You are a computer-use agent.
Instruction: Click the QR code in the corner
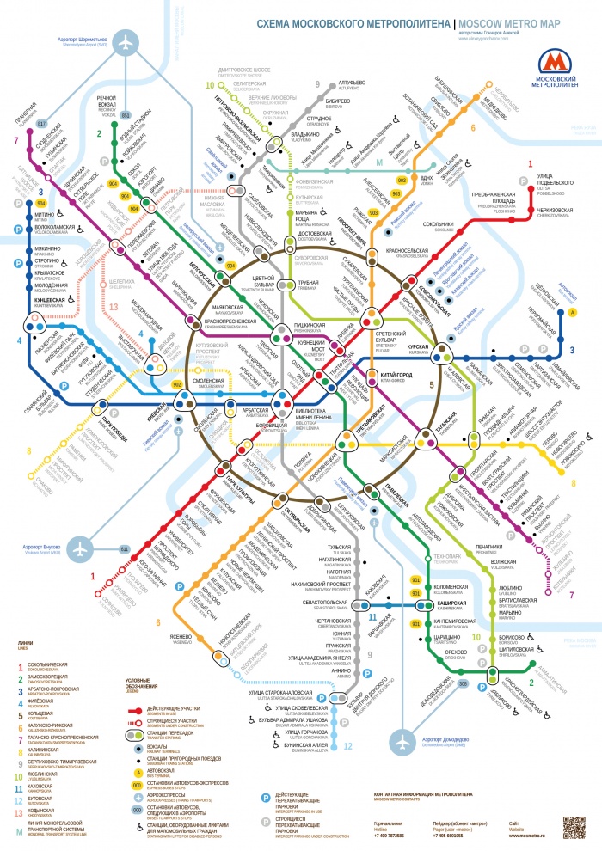(x=574, y=827)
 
